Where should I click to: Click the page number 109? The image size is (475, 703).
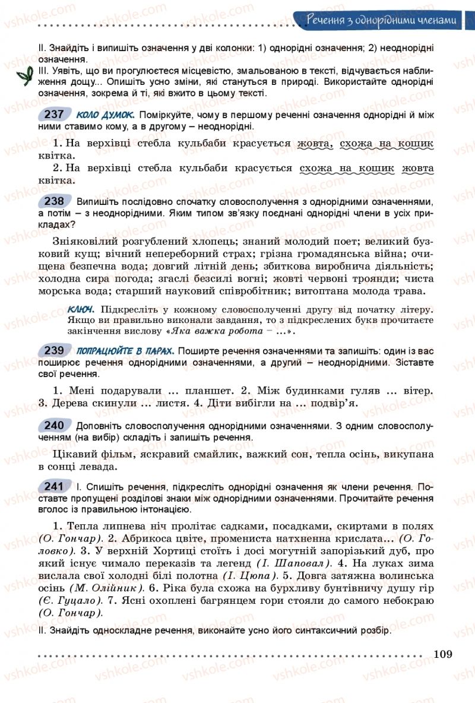(x=443, y=654)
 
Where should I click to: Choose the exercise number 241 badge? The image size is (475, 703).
(x=54, y=487)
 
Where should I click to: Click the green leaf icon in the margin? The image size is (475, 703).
(x=24, y=76)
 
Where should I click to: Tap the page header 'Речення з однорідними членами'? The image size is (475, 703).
(x=384, y=21)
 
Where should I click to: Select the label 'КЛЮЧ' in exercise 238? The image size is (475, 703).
(x=83, y=309)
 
